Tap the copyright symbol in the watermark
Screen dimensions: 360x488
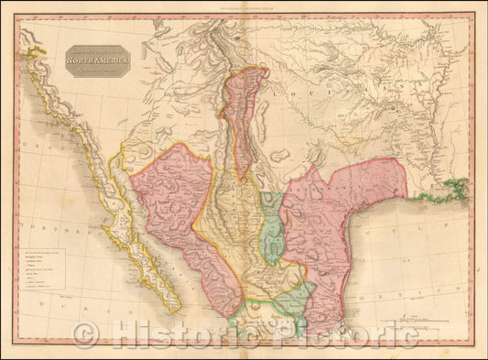click(x=84, y=334)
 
